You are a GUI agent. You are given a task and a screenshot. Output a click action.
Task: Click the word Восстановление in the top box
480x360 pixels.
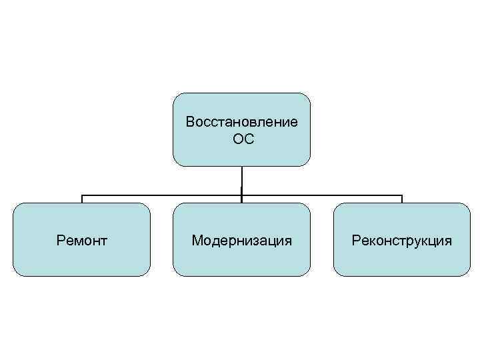point(241,122)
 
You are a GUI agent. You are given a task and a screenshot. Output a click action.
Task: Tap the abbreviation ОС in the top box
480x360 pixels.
point(241,139)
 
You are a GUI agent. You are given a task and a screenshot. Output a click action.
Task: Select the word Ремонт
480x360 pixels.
point(82,239)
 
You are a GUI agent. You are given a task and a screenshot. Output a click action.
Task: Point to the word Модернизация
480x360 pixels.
point(241,239)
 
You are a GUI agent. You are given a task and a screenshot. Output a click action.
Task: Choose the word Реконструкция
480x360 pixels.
point(402,239)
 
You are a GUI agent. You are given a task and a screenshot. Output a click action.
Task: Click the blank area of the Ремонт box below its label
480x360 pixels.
point(82,261)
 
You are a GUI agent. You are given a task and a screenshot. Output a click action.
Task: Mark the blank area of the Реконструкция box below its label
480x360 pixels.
point(402,261)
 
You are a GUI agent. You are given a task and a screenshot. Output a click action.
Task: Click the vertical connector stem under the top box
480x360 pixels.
point(241,180)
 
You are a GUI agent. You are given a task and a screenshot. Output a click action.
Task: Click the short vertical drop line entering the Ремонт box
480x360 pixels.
point(82,199)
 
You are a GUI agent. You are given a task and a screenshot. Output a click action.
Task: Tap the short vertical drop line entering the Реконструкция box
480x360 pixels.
point(402,199)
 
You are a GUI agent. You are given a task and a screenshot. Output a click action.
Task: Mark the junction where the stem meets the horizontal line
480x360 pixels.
point(241,195)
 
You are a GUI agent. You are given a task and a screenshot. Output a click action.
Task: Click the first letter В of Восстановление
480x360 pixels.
point(190,122)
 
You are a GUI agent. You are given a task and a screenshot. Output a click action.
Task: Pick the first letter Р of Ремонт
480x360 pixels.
point(61,239)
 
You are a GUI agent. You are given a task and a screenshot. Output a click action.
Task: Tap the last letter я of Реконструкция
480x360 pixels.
point(448,240)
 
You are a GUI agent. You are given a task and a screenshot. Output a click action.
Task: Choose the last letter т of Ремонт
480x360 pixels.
point(104,240)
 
